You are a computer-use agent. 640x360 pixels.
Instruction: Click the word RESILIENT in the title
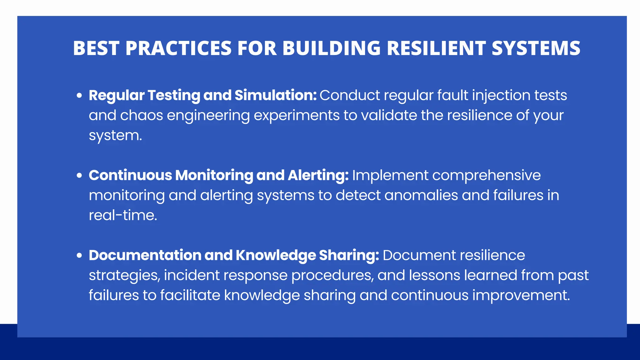click(436, 48)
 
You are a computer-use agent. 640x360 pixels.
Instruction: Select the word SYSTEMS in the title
click(536, 48)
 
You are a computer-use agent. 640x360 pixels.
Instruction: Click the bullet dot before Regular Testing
click(79, 95)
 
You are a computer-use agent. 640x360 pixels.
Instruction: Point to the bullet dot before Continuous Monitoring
click(79, 175)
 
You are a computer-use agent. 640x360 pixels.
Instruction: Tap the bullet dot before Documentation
click(79, 255)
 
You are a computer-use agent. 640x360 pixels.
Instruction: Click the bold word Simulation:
click(276, 95)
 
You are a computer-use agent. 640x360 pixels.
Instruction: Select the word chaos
click(142, 115)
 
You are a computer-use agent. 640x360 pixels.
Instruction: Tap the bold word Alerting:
click(318, 175)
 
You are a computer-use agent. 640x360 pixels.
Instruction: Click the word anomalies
click(421, 195)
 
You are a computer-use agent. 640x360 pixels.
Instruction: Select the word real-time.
click(123, 215)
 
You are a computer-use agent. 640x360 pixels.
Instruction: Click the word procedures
click(332, 275)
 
